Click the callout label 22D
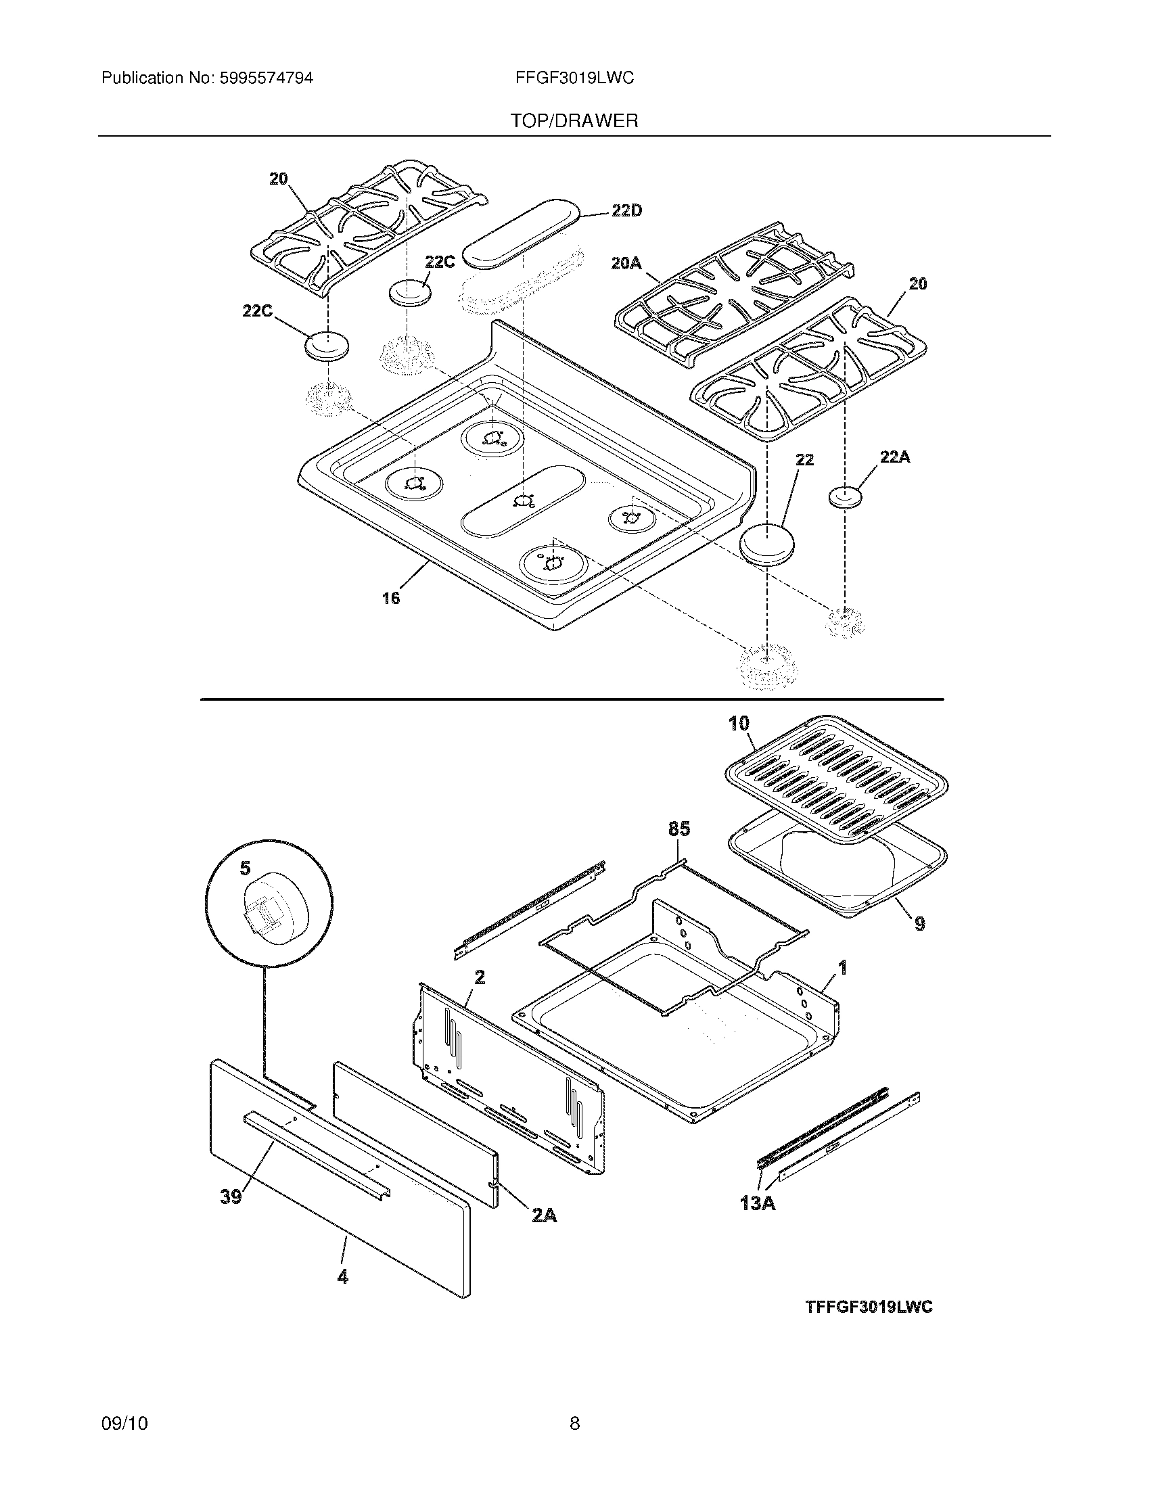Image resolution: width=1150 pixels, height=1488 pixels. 626,211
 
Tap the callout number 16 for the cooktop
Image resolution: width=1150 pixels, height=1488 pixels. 390,598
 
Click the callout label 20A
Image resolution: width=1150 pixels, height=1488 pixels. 626,262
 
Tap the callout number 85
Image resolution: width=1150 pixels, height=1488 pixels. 678,829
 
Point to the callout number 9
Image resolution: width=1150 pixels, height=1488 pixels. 919,924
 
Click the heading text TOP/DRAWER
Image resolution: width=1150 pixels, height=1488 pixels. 574,121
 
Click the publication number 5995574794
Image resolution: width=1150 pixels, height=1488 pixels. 266,78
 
